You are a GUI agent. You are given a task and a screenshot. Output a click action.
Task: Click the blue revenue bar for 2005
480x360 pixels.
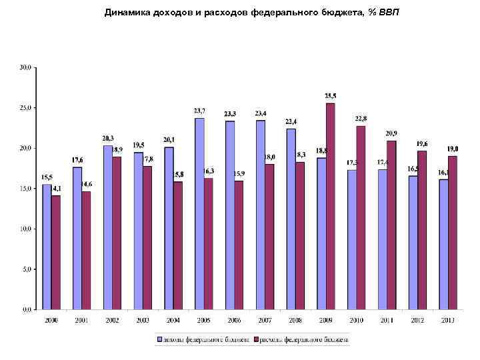click(x=199, y=213)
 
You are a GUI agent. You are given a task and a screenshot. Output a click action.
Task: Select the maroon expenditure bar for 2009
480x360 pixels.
click(x=331, y=207)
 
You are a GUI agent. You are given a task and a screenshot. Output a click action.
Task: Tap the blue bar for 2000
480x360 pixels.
click(x=47, y=247)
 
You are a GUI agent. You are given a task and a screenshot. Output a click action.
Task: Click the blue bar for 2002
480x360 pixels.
click(x=107, y=227)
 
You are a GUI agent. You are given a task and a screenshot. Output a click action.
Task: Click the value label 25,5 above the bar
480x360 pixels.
click(x=331, y=96)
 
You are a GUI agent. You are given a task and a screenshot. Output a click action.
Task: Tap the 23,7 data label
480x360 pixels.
click(x=199, y=111)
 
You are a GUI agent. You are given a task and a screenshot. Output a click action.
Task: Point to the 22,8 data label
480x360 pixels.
click(x=361, y=119)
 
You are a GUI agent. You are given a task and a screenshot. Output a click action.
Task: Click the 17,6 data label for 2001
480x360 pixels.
click(x=77, y=159)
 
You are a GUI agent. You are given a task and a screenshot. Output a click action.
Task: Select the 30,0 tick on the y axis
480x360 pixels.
click(x=25, y=67)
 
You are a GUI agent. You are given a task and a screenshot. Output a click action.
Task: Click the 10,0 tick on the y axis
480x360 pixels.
click(x=25, y=229)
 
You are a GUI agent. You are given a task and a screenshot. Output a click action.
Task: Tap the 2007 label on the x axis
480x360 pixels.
click(x=265, y=321)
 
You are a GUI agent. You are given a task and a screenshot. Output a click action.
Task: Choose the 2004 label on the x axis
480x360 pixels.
click(x=173, y=321)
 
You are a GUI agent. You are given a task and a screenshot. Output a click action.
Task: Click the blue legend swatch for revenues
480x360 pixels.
click(x=159, y=339)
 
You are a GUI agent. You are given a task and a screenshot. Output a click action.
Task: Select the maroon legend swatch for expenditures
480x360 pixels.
click(x=254, y=339)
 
